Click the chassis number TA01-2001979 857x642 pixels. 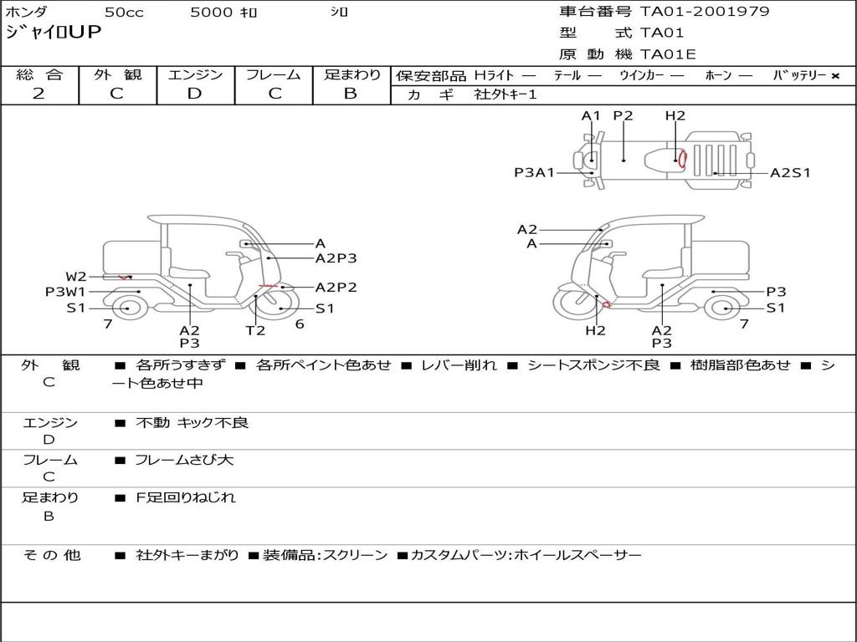(705, 12)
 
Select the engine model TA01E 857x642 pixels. (668, 55)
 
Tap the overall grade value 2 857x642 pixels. (38, 94)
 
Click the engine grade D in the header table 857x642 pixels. (194, 94)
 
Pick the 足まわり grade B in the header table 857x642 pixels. (351, 94)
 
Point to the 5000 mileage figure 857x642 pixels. (212, 13)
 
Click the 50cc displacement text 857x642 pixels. (123, 13)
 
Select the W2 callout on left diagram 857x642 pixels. (76, 277)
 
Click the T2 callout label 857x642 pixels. (255, 330)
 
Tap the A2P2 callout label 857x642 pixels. (336, 288)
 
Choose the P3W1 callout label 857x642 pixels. (65, 292)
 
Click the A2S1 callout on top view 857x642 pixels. (790, 173)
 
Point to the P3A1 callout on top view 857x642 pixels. (534, 173)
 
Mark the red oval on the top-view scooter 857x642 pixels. (682, 158)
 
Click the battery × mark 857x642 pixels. (835, 76)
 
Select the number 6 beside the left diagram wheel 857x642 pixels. (299, 324)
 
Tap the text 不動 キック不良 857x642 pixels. (192, 423)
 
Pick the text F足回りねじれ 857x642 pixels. (186, 497)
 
